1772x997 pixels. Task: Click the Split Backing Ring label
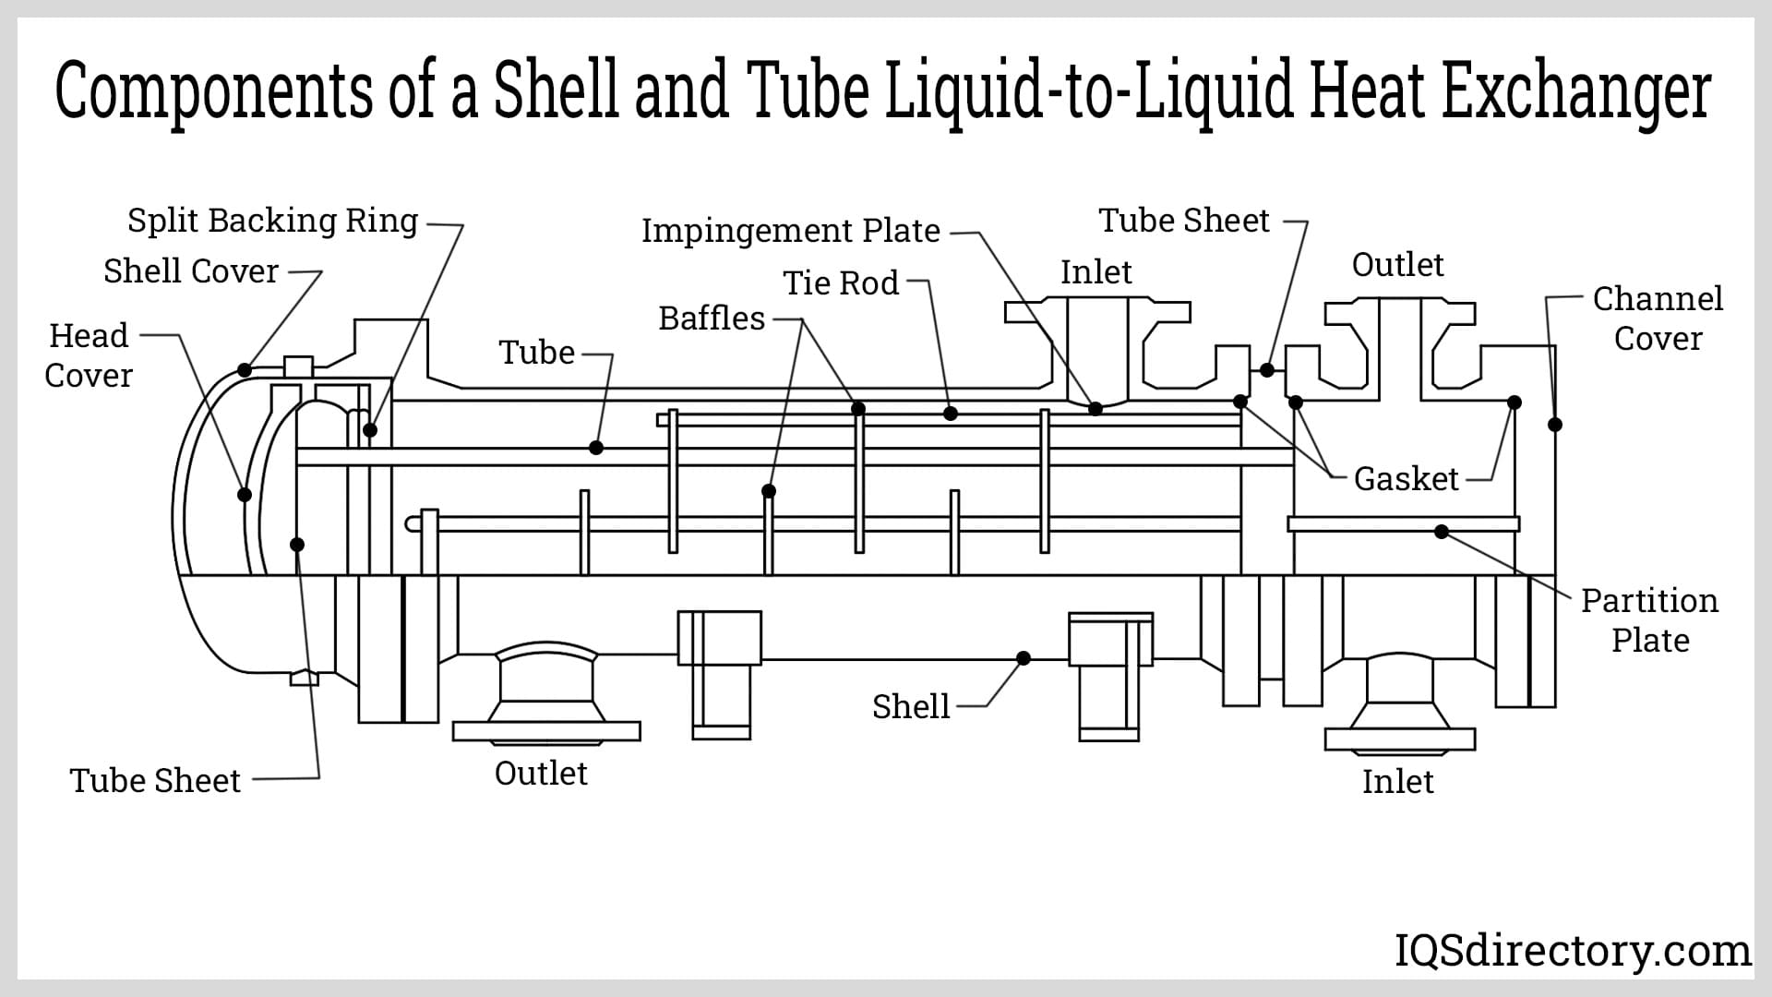tap(272, 221)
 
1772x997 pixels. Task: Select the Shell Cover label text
tap(191, 271)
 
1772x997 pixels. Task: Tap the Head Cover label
tap(89, 355)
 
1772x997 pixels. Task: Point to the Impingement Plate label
tap(791, 231)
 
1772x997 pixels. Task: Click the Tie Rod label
tap(841, 283)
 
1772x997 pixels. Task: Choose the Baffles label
tap(712, 318)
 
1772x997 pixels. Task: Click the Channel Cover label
tap(1658, 318)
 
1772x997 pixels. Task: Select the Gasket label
tap(1406, 479)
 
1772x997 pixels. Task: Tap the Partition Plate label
tap(1649, 620)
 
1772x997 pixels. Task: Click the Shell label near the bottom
tap(911, 707)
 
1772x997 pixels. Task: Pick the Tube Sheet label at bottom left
tap(155, 781)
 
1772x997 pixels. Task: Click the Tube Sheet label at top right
tap(1184, 221)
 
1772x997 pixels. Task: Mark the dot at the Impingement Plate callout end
tap(1096, 408)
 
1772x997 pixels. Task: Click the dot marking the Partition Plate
tap(1442, 532)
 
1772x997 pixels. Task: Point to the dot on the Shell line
tap(1024, 658)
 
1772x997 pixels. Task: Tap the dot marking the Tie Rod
tap(951, 414)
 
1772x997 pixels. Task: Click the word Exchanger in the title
tap(1575, 92)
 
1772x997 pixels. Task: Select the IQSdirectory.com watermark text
tap(1572, 951)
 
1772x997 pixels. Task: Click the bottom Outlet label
tap(541, 774)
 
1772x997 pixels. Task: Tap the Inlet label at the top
tap(1096, 272)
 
